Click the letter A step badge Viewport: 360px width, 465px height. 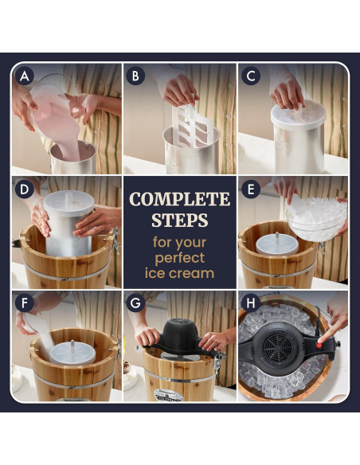[25, 76]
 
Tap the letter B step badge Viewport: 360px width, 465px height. [135, 76]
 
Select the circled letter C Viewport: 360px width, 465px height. [251, 76]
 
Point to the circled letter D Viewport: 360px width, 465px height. [25, 190]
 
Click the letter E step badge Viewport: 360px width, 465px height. [251, 190]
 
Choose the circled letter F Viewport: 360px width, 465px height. [25, 303]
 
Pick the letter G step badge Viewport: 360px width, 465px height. [135, 303]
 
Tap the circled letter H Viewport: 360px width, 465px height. [251, 303]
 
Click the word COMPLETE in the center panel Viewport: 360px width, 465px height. [180, 199]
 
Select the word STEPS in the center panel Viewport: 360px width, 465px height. [180, 220]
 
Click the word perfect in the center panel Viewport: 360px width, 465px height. [180, 258]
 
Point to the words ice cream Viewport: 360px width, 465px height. [180, 273]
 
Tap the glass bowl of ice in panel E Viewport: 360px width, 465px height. [316, 219]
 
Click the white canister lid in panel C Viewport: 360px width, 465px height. [299, 115]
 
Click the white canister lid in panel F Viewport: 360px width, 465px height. [72, 353]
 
